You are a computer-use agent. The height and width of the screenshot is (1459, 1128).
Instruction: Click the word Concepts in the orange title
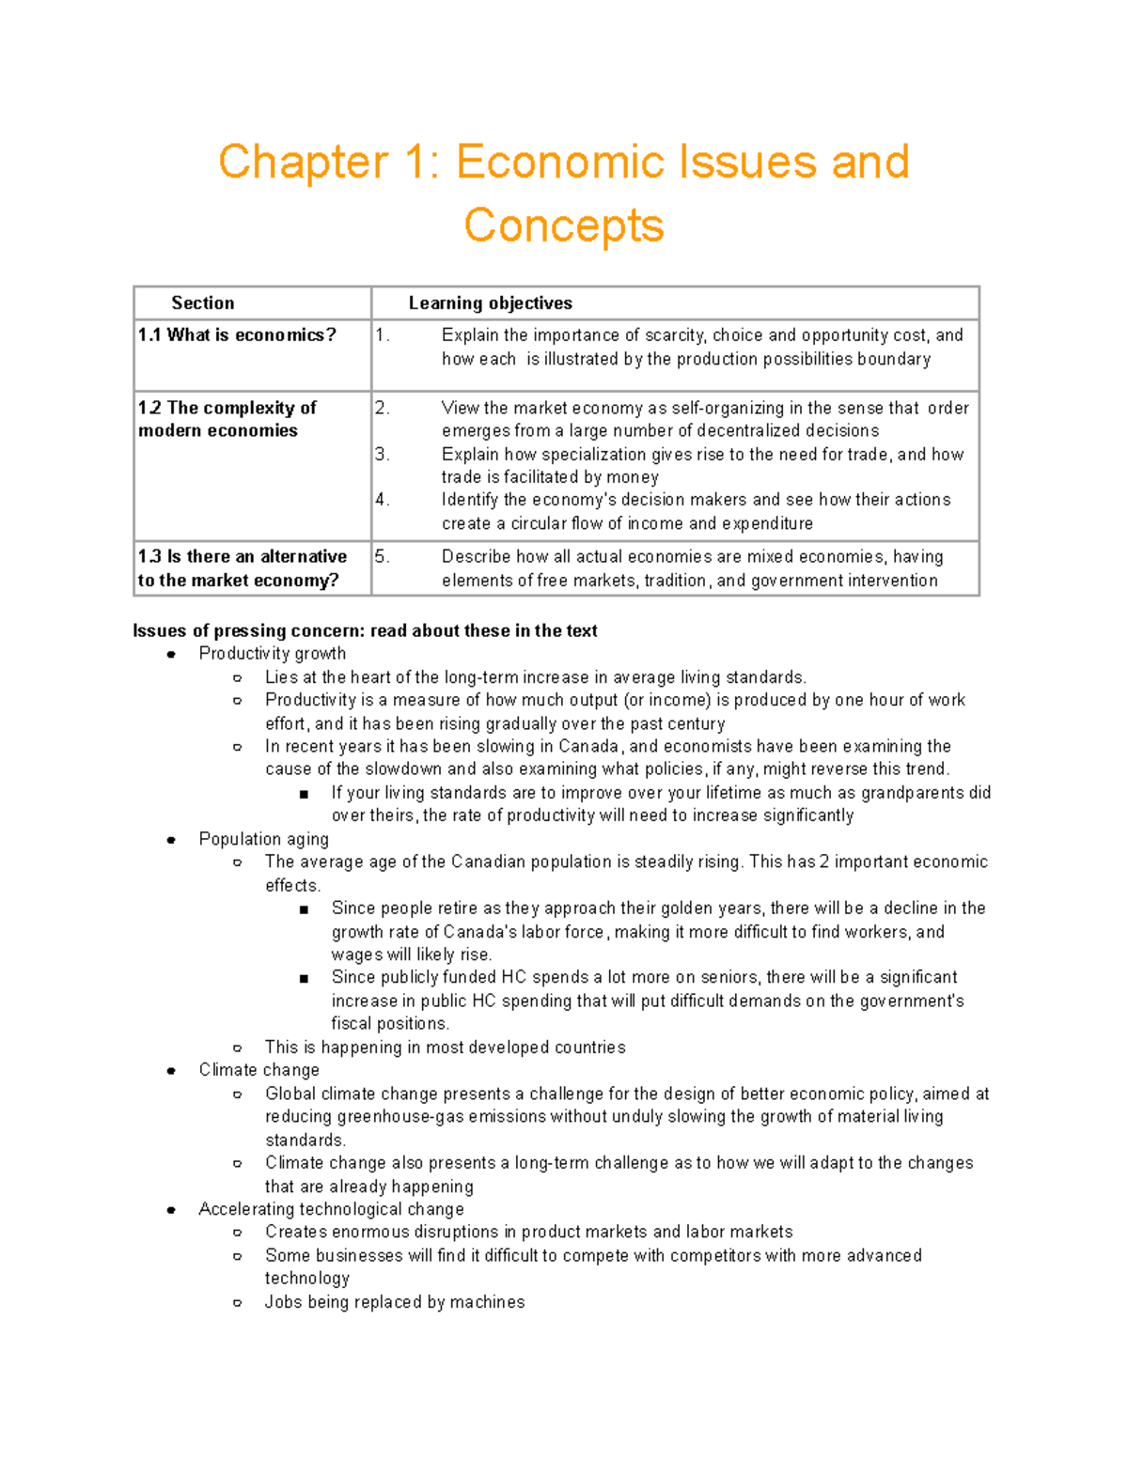[x=564, y=225]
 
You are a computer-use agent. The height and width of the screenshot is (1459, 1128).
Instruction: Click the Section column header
[x=202, y=303]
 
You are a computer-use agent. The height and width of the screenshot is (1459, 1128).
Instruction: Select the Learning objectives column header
[x=490, y=303]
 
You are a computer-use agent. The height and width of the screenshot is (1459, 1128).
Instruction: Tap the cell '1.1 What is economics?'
[x=237, y=335]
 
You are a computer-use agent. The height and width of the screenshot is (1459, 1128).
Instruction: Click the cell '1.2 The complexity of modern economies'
[x=227, y=419]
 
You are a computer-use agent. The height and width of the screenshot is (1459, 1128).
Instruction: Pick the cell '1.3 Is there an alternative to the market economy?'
[x=242, y=568]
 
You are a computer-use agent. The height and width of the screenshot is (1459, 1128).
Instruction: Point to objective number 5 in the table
[x=381, y=556]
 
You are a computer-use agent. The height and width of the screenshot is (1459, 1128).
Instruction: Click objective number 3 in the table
[x=381, y=454]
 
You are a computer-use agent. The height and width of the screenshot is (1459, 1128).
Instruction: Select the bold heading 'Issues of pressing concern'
[x=365, y=630]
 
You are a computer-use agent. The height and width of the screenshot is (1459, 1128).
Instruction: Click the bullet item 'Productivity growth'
[x=272, y=653]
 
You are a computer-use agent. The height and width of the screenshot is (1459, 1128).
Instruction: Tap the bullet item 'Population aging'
[x=263, y=839]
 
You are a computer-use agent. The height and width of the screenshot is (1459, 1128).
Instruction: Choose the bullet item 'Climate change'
[x=258, y=1070]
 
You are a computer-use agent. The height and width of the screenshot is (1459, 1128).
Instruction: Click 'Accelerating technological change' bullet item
[x=331, y=1209]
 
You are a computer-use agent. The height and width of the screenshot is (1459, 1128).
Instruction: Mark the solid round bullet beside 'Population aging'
[x=171, y=840]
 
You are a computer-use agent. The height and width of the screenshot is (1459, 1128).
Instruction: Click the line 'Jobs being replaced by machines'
[x=395, y=1302]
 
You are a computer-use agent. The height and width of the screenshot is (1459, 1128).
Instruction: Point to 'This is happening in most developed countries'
[x=445, y=1048]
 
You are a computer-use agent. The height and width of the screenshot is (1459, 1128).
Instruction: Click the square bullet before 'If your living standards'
[x=304, y=794]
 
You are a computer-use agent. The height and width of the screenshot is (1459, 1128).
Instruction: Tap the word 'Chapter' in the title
[x=303, y=162]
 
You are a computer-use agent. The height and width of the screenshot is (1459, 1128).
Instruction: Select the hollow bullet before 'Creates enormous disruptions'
[x=238, y=1233]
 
